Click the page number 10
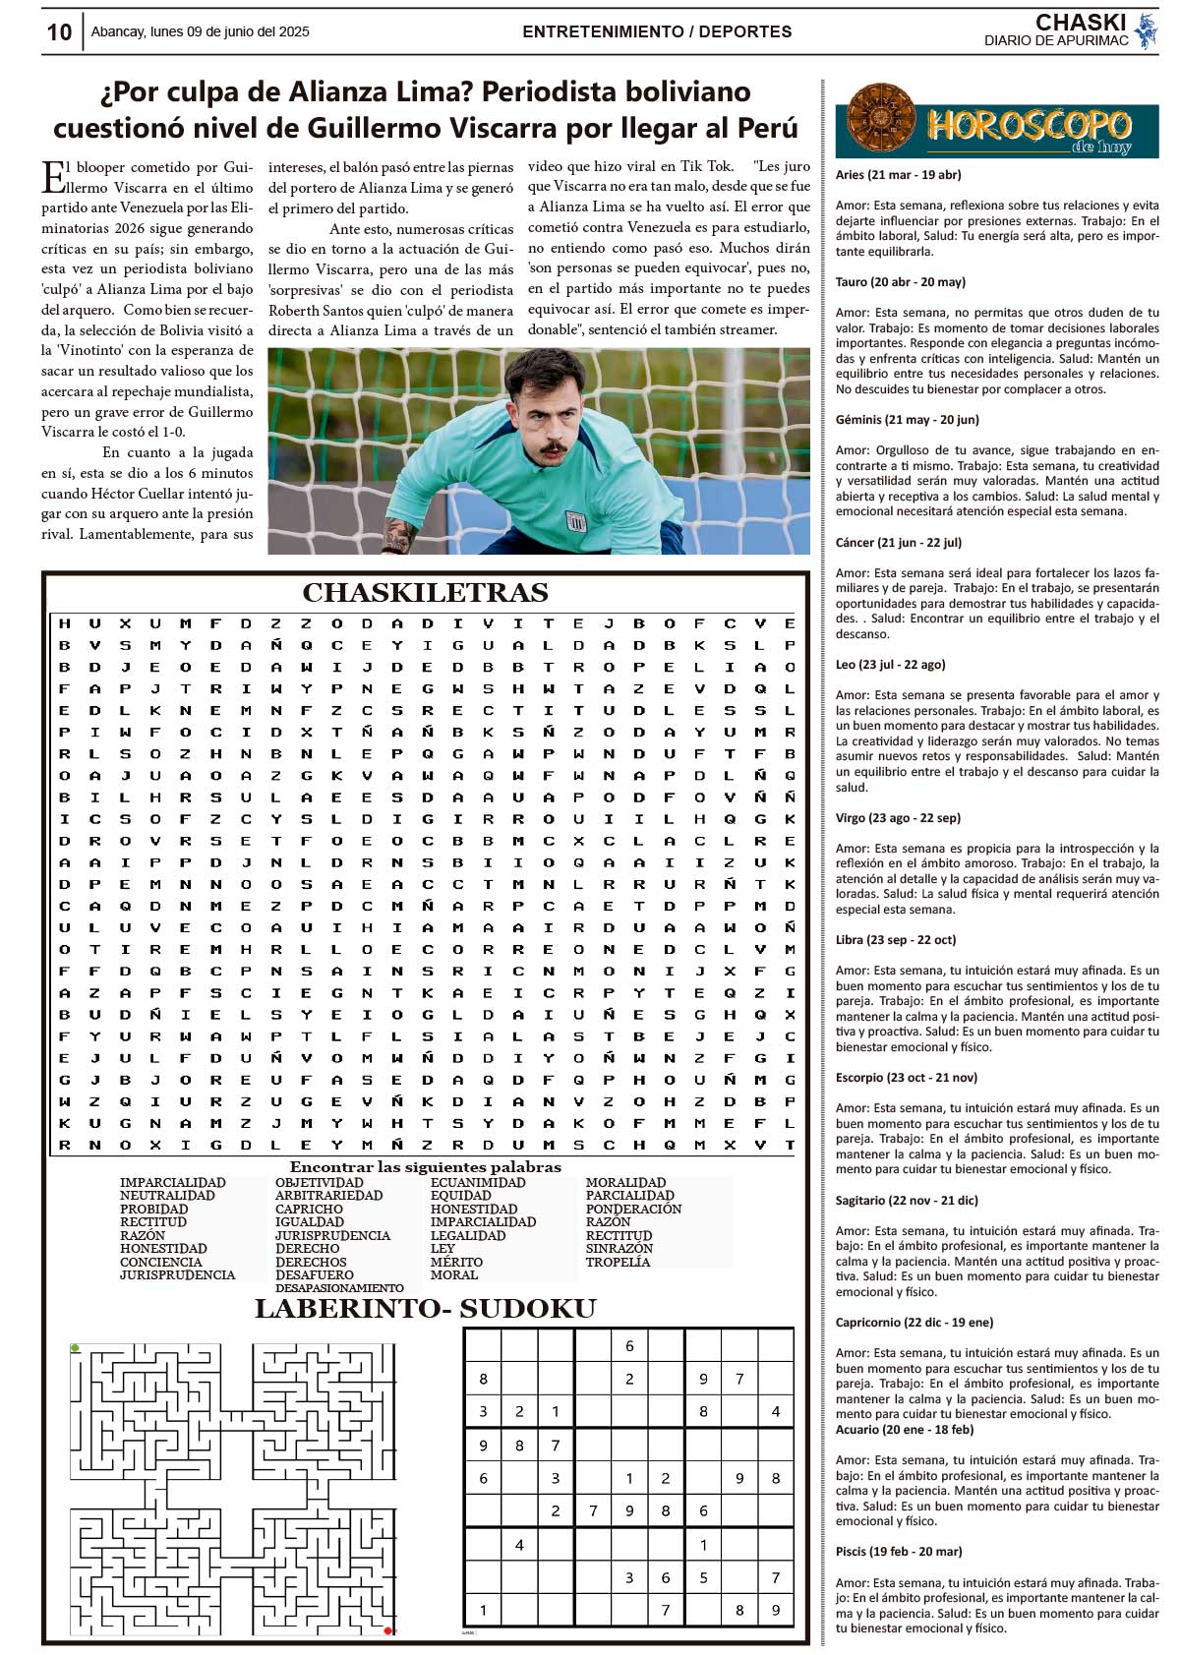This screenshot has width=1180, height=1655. [59, 31]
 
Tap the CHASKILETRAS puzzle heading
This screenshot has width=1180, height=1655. [425, 593]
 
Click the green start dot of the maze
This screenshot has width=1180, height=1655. [75, 1347]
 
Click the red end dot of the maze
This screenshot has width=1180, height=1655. [388, 1630]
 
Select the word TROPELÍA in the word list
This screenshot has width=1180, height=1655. [618, 1262]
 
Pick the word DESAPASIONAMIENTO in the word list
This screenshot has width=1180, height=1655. [339, 1287]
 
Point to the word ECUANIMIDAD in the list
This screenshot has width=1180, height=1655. [478, 1183]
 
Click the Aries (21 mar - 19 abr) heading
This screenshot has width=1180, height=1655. [898, 175]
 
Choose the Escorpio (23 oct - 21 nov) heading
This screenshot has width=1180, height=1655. [906, 1078]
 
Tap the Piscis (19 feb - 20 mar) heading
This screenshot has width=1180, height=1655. [899, 1552]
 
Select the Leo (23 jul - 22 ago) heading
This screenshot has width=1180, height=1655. [890, 665]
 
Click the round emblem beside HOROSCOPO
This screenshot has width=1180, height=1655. [881, 120]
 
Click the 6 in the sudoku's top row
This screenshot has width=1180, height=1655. [629, 1346]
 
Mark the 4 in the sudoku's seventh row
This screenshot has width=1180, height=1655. [519, 1545]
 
